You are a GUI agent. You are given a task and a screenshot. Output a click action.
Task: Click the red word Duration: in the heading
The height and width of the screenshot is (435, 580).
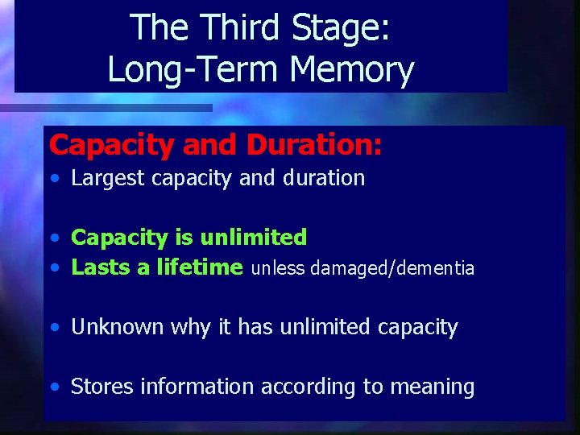click(x=314, y=144)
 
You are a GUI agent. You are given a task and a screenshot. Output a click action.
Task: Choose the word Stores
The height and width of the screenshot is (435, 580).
click(x=102, y=387)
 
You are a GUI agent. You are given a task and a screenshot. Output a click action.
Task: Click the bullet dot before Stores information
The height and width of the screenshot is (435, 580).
click(x=53, y=387)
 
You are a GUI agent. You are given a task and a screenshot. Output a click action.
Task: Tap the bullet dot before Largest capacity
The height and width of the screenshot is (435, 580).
click(x=53, y=179)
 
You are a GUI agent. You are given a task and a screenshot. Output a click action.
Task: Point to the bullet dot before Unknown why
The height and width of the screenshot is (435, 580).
click(x=53, y=328)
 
